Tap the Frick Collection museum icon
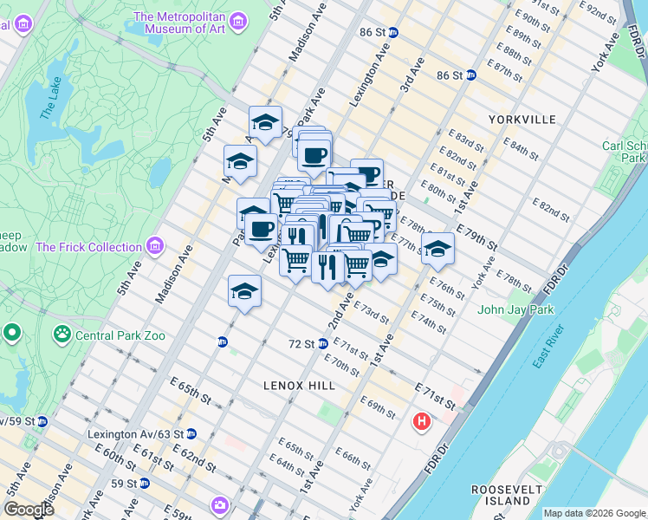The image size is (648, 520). (157, 246)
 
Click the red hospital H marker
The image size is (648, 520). (422, 422)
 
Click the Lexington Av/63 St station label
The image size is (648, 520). (136, 433)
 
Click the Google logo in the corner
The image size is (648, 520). (29, 510)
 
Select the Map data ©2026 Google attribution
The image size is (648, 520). (593, 513)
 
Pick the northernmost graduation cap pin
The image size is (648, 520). (266, 120)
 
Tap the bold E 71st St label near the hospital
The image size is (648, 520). (435, 398)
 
